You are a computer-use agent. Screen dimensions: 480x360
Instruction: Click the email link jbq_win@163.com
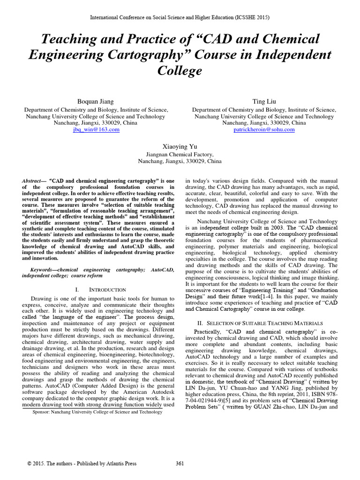96,129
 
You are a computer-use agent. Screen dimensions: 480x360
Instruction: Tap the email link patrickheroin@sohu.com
264,129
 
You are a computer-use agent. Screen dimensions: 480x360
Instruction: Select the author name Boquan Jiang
96,101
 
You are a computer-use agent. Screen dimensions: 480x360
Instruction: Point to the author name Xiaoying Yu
180,146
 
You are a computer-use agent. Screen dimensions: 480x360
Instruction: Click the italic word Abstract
32,181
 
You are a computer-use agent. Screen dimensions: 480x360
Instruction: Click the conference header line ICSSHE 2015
180,17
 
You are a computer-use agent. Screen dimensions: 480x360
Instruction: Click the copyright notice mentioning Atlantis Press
82,464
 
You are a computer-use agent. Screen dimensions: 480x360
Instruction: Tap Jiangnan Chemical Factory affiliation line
180,154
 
